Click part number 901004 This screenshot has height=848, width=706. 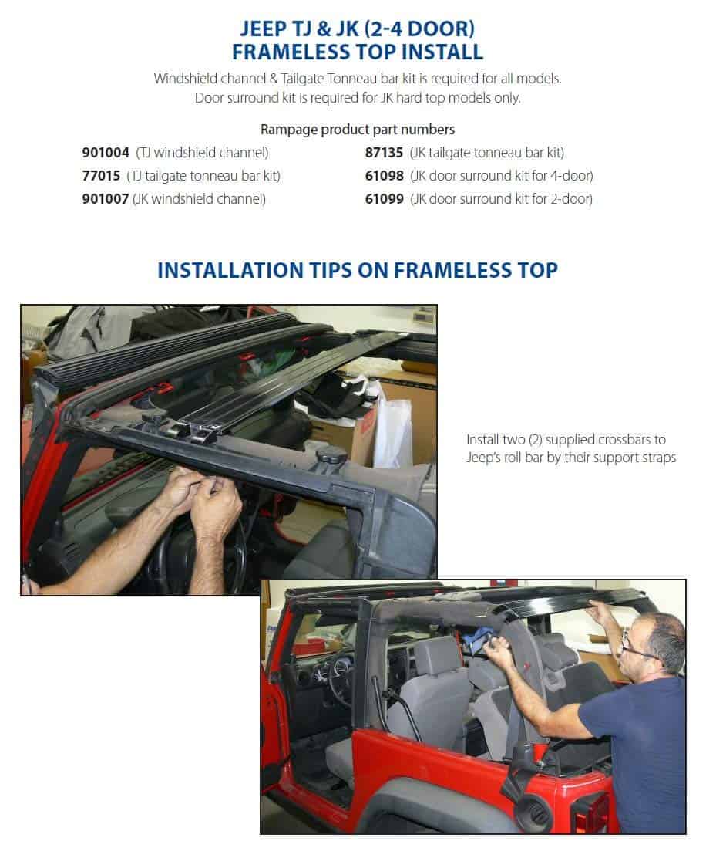pos(106,153)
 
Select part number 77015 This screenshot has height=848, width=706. pos(101,176)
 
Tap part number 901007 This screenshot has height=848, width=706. pos(106,199)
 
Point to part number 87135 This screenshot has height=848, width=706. pos(384,153)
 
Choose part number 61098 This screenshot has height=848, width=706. pos(384,176)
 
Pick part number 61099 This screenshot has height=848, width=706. pos(384,199)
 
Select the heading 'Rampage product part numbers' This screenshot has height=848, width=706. pos(358,130)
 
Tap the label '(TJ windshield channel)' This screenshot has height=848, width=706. pos(202,153)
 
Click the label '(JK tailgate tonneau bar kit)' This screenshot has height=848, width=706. pos(486,153)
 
